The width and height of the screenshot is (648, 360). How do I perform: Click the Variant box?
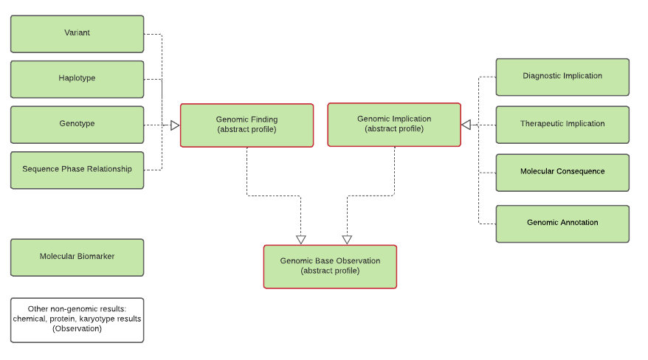[77, 34]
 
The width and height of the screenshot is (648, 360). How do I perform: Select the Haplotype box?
[77, 79]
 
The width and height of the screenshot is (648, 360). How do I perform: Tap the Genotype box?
[77, 124]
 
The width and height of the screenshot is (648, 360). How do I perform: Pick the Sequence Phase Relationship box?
[77, 170]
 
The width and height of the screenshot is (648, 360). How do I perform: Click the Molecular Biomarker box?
[77, 257]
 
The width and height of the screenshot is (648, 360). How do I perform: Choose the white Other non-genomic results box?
[77, 319]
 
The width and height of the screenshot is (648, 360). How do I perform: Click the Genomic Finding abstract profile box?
[247, 125]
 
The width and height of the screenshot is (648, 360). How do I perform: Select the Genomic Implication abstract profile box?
[394, 124]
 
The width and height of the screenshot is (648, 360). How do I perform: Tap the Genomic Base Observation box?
[330, 266]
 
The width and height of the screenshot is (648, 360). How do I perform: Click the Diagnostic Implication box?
[562, 77]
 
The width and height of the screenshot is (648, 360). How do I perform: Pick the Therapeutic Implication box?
[562, 125]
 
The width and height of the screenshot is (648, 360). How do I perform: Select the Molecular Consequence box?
[562, 172]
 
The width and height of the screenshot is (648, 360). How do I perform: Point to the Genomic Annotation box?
[562, 223]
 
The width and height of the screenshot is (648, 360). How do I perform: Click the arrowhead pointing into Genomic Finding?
[175, 125]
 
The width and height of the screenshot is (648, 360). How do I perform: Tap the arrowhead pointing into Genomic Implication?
[466, 125]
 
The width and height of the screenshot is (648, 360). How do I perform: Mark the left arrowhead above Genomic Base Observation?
[300, 239]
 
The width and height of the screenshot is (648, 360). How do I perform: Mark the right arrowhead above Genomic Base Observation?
[347, 239]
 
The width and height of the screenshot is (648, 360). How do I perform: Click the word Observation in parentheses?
[77, 329]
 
